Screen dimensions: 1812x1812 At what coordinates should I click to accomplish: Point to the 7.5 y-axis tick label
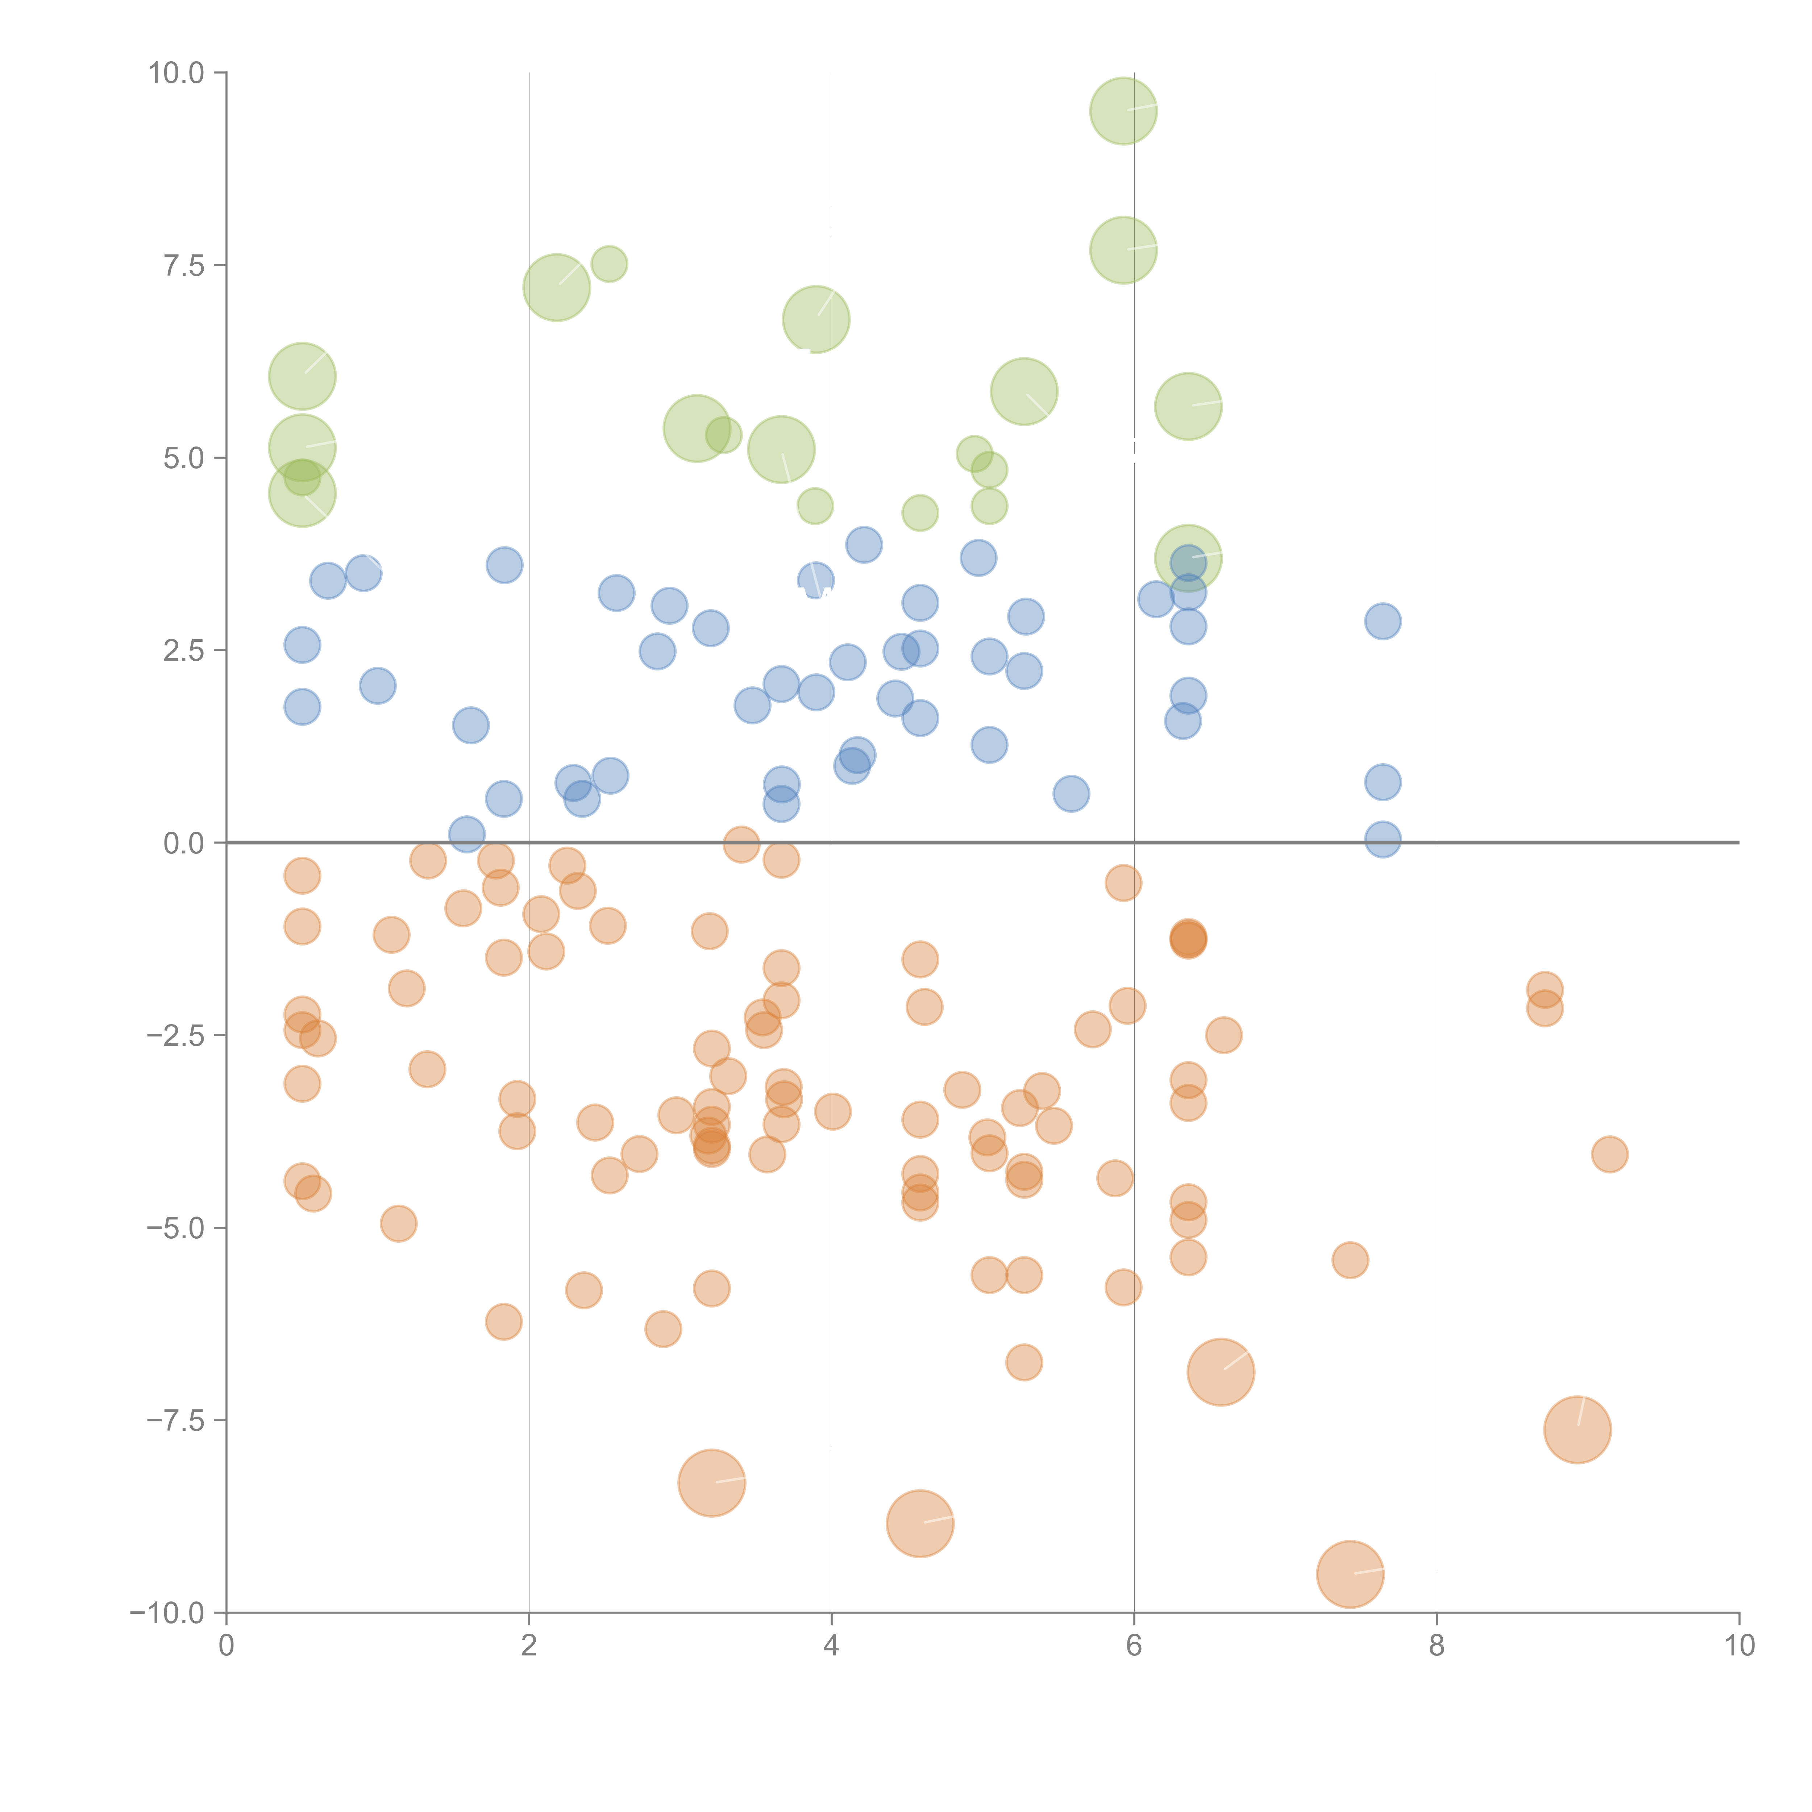184,265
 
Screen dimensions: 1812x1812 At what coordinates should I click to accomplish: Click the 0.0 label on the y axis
184,843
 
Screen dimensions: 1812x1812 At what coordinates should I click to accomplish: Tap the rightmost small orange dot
1609,1155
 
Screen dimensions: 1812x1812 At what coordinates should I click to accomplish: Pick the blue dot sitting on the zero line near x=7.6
1383,839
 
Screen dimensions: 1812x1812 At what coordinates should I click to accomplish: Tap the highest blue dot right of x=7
1383,621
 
